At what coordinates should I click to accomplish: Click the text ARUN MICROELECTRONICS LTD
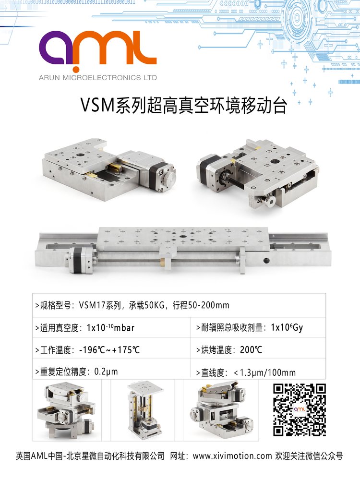(97, 78)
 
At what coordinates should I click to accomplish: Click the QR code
(299, 409)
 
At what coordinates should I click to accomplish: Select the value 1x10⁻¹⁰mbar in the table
(110, 327)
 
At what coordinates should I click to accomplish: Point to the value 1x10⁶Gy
(287, 327)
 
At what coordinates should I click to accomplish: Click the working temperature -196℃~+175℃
(109, 350)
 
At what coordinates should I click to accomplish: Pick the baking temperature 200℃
(251, 350)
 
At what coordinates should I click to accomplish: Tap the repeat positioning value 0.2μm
(106, 372)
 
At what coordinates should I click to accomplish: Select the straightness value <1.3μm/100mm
(265, 372)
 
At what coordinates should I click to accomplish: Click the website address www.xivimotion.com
(232, 456)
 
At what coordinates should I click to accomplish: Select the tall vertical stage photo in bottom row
(144, 409)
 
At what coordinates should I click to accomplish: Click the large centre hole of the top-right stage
(274, 161)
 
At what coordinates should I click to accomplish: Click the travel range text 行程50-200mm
(201, 305)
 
